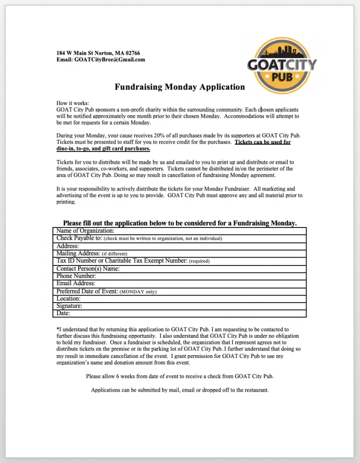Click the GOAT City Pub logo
click(x=282, y=66)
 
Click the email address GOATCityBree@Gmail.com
click(x=110, y=60)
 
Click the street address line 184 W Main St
click(x=98, y=53)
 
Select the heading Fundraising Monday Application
click(x=180, y=87)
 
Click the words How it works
click(x=73, y=103)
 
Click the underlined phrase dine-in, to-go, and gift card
click(x=103, y=149)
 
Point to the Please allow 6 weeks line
click(x=180, y=376)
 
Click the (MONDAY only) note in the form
click(x=138, y=292)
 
